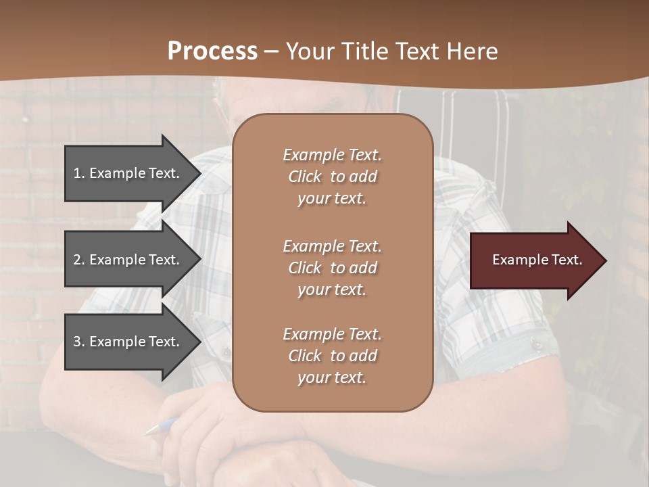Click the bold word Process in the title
point(212,51)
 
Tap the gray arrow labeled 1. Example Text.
point(128,173)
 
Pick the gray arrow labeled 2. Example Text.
point(128,260)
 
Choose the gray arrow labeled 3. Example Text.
point(128,342)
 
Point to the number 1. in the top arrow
point(79,173)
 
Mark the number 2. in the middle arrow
point(79,260)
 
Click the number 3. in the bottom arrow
point(79,342)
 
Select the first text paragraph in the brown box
point(332,177)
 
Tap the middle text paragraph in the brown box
point(332,268)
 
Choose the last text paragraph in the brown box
point(332,356)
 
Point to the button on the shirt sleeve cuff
point(537,345)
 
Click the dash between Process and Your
point(271,51)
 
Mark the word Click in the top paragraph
point(305,177)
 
